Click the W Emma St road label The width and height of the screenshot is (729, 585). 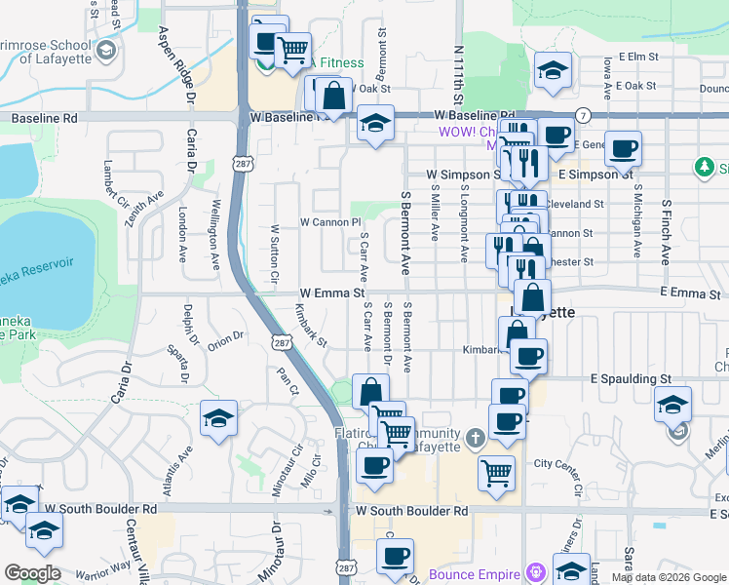point(331,292)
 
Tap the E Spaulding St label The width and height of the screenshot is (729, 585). point(632,377)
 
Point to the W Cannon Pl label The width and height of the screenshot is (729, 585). point(329,222)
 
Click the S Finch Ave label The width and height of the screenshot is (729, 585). point(667,234)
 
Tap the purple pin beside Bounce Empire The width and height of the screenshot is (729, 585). point(535,571)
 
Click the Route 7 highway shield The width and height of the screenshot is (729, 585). point(582,114)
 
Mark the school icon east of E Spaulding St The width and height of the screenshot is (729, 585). point(672,404)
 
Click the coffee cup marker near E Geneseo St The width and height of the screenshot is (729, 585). point(624,148)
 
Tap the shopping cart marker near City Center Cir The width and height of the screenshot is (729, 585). point(497,473)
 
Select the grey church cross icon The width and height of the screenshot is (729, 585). point(474,438)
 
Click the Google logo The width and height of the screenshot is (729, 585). point(33,573)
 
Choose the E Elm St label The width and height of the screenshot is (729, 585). point(638,58)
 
